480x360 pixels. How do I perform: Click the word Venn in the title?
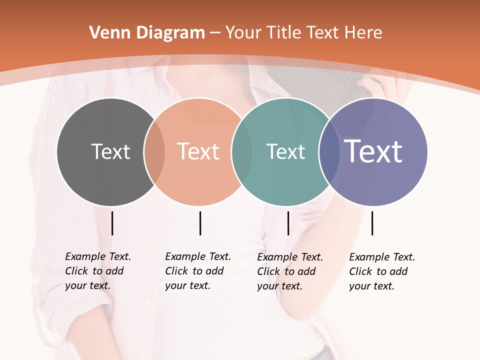point(106,33)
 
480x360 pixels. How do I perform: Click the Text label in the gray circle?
point(110,151)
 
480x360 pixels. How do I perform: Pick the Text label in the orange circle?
point(198,151)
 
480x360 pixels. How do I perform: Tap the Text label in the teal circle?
point(285,152)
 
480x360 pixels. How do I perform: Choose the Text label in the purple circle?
point(373,151)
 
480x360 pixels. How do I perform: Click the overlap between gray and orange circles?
point(154,152)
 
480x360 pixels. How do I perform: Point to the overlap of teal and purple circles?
point(329,152)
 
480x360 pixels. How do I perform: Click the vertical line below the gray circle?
point(112,223)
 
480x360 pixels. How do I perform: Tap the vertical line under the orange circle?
point(200,223)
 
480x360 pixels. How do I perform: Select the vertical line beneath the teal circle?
point(288,223)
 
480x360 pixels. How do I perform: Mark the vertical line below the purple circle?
point(372,223)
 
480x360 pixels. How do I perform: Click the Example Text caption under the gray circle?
point(97,271)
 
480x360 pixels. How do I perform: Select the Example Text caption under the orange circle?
point(197,271)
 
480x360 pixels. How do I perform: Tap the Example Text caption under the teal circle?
point(289,271)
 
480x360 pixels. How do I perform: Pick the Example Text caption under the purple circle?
point(381,271)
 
